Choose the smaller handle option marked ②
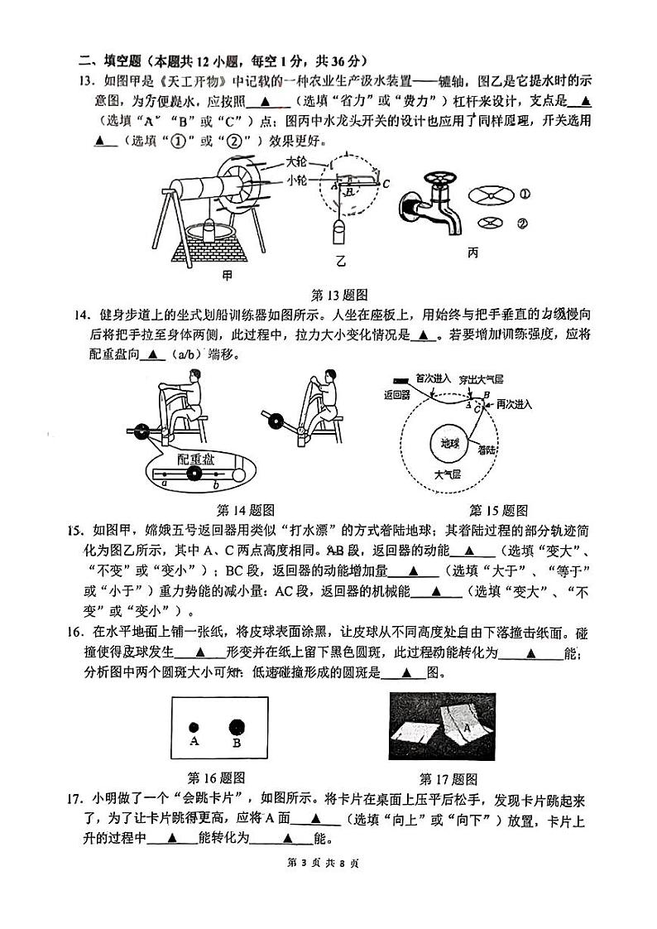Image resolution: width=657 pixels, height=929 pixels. [491, 222]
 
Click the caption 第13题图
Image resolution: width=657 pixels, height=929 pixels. [338, 294]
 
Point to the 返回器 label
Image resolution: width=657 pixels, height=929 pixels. [398, 395]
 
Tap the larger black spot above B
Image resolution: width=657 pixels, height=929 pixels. [237, 726]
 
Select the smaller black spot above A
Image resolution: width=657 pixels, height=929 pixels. [194, 725]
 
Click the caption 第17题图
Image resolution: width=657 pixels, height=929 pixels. [448, 778]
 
